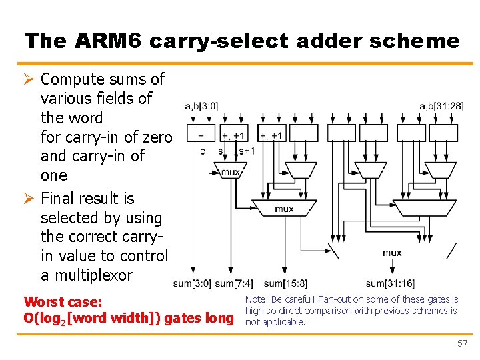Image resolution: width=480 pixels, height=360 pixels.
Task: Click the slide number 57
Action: tap(462, 344)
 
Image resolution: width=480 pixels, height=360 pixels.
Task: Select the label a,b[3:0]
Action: tap(201, 106)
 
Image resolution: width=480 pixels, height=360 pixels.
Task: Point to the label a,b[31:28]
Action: tap(442, 106)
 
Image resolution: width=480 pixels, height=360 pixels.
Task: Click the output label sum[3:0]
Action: tap(191, 285)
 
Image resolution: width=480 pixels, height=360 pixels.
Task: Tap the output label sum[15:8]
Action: tap(285, 285)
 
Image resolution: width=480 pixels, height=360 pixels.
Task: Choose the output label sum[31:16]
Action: tap(390, 285)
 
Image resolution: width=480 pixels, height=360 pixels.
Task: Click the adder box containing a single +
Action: tap(201, 135)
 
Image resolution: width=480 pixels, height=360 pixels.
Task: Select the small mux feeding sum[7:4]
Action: tap(231, 171)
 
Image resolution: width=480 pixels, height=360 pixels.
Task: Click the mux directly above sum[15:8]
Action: tap(284, 209)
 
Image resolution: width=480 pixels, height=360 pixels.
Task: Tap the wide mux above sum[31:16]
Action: tap(391, 252)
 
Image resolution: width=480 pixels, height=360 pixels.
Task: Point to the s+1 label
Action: tap(247, 151)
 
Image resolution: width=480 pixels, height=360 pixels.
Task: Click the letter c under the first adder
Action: tap(203, 151)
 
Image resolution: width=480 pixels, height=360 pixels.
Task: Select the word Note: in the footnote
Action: tap(257, 300)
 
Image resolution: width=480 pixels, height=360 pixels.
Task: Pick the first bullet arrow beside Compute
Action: tap(29, 79)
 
